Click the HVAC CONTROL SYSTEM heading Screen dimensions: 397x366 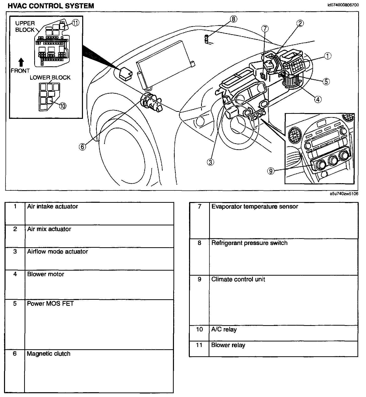coord(51,6)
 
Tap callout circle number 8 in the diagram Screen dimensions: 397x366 coord(234,19)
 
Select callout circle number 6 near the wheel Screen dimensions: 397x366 coord(82,146)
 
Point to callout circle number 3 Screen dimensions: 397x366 coord(210,162)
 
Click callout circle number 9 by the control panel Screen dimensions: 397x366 coord(271,171)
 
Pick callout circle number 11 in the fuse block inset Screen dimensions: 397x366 coord(75,23)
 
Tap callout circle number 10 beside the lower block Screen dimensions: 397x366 coord(63,106)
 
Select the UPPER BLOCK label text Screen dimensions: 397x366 coord(25,26)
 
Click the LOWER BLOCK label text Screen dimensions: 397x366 coord(50,77)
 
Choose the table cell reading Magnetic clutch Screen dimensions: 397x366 coord(49,354)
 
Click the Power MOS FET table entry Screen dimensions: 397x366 coord(50,304)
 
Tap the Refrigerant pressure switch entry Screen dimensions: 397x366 coord(249,243)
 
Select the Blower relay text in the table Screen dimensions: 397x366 coord(228,345)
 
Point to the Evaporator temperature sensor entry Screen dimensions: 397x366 coord(255,207)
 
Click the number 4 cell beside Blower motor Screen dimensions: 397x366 coord(15,274)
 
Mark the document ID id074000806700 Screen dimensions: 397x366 coord(343,5)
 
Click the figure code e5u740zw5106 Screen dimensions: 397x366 coord(344,194)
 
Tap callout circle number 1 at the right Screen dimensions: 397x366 coord(328,56)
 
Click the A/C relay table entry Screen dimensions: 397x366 coord(224,329)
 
